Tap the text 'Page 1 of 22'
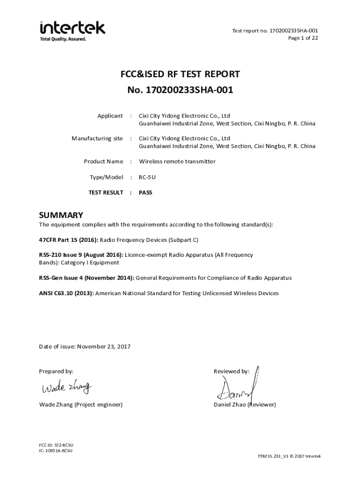[303, 38]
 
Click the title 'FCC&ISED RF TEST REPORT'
[180, 74]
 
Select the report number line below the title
[180, 90]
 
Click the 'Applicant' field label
[110, 116]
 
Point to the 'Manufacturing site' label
[97, 138]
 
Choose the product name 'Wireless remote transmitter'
[177, 161]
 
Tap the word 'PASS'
[145, 192]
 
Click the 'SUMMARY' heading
[61, 215]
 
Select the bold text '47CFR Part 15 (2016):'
[68, 240]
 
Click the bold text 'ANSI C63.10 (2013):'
[66, 293]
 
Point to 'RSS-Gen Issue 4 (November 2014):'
[86, 278]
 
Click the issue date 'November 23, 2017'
[104, 347]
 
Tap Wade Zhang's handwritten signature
[66, 388]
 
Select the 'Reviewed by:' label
[231, 371]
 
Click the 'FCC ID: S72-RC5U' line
[56, 445]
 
